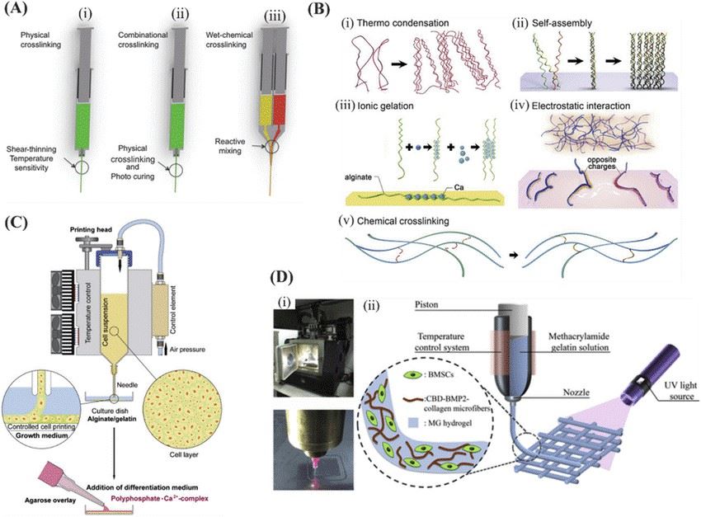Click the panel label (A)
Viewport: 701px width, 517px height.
[22, 13]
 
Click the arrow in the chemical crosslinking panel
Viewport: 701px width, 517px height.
[511, 256]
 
